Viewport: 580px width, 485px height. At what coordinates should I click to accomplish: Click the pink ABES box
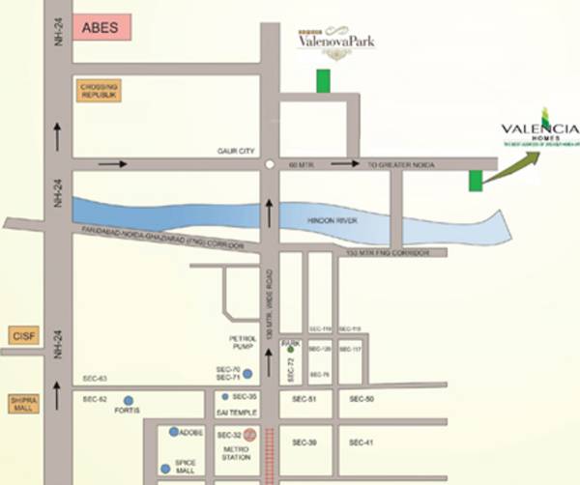coord(101,27)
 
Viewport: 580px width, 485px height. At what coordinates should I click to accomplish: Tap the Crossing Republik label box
coord(99,92)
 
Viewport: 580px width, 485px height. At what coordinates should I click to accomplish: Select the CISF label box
coord(22,334)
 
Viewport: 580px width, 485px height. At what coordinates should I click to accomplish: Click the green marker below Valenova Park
coord(323,80)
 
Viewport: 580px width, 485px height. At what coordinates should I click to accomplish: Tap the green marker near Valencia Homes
coord(475,180)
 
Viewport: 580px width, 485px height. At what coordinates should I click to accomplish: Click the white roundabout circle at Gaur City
coord(268,165)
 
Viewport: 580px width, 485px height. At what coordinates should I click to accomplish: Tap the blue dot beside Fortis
coord(128,399)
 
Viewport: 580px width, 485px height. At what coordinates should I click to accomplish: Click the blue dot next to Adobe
coord(173,432)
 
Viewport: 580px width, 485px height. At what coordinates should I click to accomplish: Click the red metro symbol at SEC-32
coord(249,435)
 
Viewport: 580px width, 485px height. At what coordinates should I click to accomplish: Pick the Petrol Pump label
coord(242,342)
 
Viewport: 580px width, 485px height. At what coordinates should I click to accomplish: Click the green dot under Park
coord(289,350)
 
